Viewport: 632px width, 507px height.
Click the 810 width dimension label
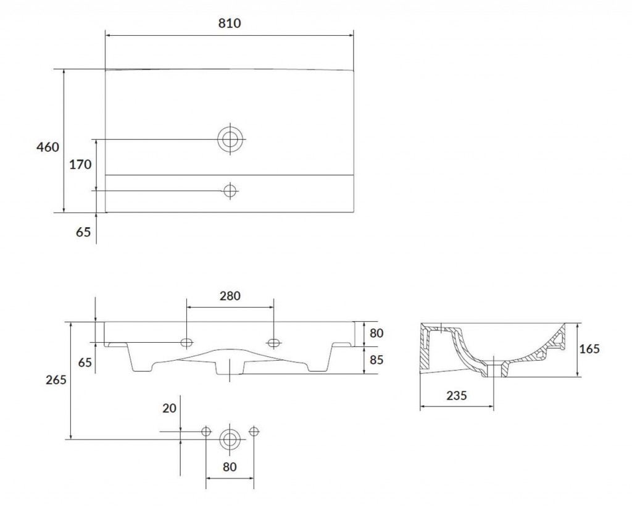point(230,23)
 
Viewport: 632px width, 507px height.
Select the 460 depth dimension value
point(48,147)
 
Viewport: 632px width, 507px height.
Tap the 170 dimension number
point(81,164)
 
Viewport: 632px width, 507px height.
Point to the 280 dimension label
point(230,296)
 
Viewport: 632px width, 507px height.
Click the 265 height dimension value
point(56,380)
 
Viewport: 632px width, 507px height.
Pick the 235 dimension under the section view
point(456,396)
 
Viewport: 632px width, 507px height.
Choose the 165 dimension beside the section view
point(589,349)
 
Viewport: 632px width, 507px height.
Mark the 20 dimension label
point(169,408)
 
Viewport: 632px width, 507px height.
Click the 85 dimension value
point(376,360)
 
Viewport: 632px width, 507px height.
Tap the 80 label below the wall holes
point(230,467)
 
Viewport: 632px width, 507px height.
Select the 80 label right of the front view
point(376,333)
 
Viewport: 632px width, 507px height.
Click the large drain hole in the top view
point(230,139)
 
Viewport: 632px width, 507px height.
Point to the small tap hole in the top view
point(230,190)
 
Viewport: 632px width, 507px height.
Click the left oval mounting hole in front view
point(186,343)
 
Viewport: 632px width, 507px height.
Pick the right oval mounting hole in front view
point(273,343)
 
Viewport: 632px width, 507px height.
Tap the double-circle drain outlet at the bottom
point(230,439)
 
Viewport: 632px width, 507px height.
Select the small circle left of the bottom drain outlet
point(206,432)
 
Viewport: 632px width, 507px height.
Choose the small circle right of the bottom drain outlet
point(254,432)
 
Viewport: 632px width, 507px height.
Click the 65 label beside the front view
point(85,362)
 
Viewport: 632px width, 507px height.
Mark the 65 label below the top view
point(83,232)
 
